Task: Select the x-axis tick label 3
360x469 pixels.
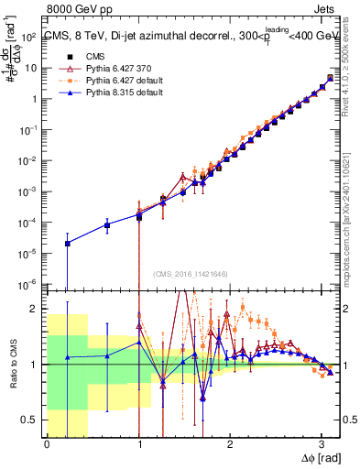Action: point(322,444)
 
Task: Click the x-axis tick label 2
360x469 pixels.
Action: point(230,444)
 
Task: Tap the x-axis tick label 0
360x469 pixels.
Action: point(47,444)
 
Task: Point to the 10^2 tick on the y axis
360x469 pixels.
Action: point(30,37)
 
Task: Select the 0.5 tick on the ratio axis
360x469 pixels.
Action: point(32,420)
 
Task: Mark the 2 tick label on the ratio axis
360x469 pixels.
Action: point(37,309)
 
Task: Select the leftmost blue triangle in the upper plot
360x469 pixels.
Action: point(68,243)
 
